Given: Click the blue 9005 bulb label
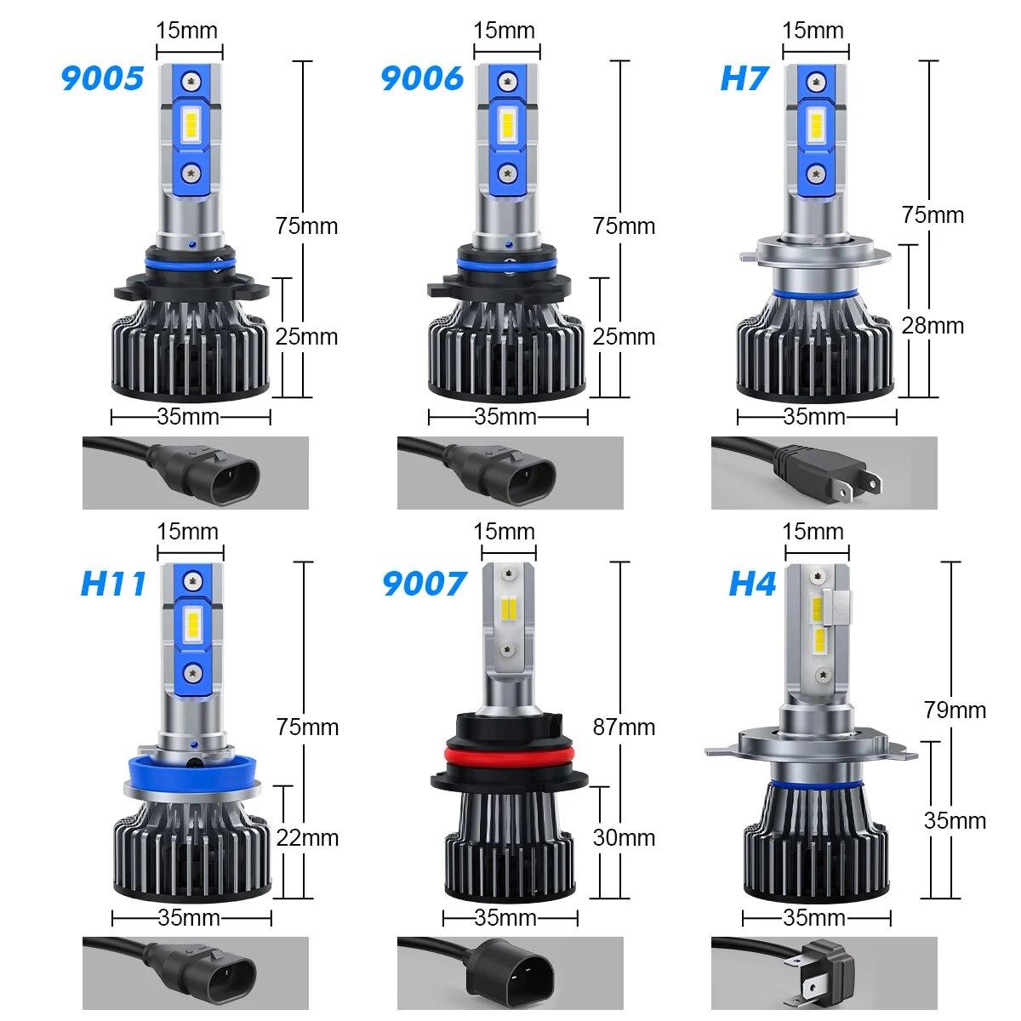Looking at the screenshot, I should coord(102,77).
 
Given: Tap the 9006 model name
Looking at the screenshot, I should coord(422,77).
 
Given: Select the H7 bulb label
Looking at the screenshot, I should coord(744,77).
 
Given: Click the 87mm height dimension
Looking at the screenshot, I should coord(625,727).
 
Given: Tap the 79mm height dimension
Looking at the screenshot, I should coord(955,709).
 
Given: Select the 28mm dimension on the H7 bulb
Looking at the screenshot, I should coord(933,325).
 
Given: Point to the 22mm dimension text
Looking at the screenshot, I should coord(307,837).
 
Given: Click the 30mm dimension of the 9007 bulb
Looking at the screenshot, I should coord(625,837).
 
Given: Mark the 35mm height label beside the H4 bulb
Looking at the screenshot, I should coord(955,820).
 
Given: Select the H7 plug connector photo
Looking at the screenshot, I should coord(824,472).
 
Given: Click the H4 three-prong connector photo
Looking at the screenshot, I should coord(824,973).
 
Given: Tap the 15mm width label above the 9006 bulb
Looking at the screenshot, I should coord(505,31).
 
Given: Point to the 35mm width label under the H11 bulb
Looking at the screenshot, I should coord(189,917).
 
